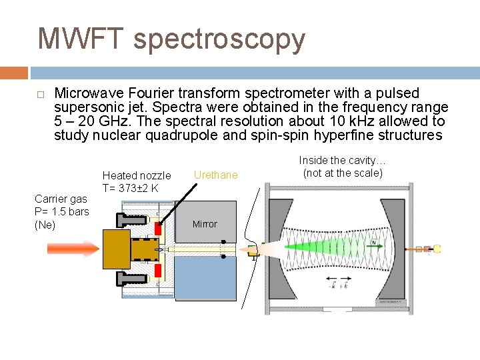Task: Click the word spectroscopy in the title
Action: [219, 40]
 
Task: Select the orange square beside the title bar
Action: [13, 73]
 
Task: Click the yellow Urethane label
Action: [215, 175]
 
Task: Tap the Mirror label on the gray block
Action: [205, 224]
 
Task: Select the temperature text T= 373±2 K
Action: [130, 188]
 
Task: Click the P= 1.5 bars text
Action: [61, 211]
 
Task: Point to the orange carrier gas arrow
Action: [72, 249]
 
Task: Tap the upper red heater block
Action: [159, 227]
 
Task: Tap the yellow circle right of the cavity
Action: [437, 249]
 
